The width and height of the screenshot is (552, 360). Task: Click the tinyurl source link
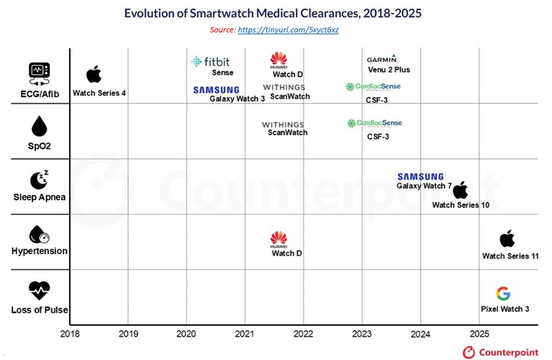pos(288,30)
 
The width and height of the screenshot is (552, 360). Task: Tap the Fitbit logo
pos(210,62)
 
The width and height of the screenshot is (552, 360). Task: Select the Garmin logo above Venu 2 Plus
pos(382,59)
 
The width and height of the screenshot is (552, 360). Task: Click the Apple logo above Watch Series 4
pos(94,74)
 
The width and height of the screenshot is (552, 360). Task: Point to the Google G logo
pos(503,294)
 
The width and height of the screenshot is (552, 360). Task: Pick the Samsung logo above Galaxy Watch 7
pos(421,176)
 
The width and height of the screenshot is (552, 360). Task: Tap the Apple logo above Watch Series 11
pos(507,238)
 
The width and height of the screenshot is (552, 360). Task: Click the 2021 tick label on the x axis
pos(244,333)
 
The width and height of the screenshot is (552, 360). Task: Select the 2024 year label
pos(420,334)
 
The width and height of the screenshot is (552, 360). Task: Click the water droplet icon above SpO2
pos(39,126)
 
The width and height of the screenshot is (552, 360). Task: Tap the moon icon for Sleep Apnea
pos(39,180)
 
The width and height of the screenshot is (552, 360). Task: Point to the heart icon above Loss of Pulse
pos(39,290)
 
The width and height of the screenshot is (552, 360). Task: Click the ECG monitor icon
pos(39,74)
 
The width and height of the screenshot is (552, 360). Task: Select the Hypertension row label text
pos(40,251)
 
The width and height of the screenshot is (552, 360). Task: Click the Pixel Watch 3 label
pos(505,309)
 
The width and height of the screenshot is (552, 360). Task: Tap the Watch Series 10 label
pos(461,205)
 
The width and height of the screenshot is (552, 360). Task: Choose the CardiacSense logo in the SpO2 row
pos(374,123)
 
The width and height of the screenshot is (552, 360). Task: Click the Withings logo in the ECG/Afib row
pos(284,87)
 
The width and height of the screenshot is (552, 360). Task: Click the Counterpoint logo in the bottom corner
pos(500,352)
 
